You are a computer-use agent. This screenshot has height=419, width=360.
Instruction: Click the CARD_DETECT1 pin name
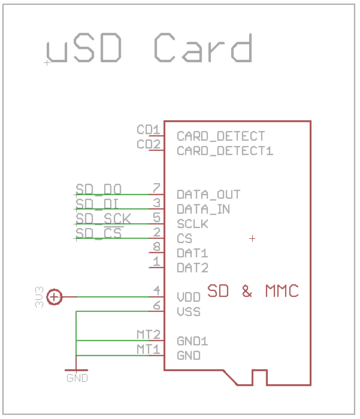pyautogui.click(x=225, y=151)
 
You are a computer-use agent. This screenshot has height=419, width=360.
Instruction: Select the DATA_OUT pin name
pyautogui.click(x=208, y=195)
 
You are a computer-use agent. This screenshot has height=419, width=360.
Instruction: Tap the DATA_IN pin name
pyautogui.click(x=204, y=209)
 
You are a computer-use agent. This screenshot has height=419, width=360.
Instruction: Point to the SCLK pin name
pyautogui.click(x=192, y=224)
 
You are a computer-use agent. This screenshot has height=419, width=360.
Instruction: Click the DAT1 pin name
pyautogui.click(x=192, y=253)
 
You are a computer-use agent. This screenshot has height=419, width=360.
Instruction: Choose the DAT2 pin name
pyautogui.click(x=192, y=268)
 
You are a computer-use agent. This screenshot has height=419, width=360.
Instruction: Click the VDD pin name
pyautogui.click(x=189, y=297)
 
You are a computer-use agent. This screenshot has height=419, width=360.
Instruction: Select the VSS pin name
pyautogui.click(x=189, y=312)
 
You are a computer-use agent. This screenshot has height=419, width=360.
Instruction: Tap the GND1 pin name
pyautogui.click(x=192, y=341)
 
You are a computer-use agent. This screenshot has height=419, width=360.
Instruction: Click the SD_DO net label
pyautogui.click(x=99, y=190)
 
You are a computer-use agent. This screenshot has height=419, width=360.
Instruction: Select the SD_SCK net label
pyautogui.click(x=103, y=218)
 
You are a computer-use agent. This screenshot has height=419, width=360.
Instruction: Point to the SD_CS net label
pyautogui.click(x=99, y=233)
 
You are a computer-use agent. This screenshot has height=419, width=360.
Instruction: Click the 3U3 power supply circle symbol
pyautogui.click(x=55, y=296)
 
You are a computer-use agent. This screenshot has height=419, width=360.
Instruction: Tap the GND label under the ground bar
pyautogui.click(x=77, y=378)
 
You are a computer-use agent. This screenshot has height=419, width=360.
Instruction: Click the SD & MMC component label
pyautogui.click(x=253, y=292)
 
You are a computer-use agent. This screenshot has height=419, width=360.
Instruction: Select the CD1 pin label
pyautogui.click(x=148, y=130)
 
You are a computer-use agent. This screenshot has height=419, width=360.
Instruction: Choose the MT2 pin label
pyautogui.click(x=148, y=335)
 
